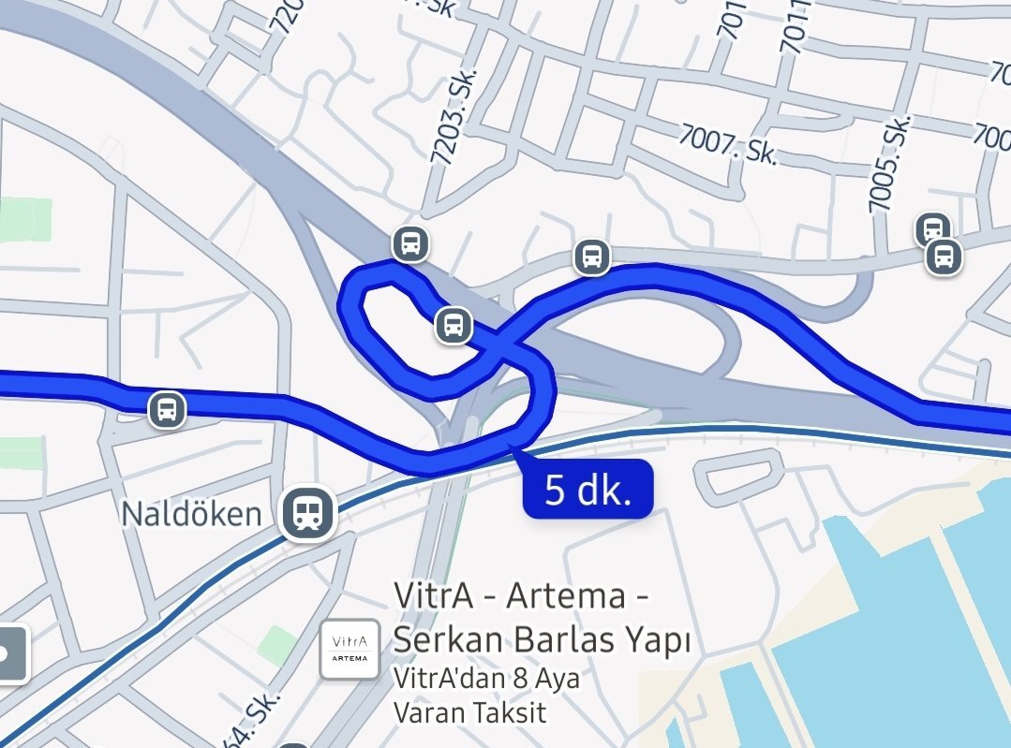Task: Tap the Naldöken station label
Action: coord(191,513)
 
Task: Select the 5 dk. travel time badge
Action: coord(587,489)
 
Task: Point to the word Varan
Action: coord(426,711)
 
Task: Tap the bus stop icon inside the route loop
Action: coord(453,326)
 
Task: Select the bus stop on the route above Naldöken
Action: coord(168,409)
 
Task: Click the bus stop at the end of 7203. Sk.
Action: coord(410,244)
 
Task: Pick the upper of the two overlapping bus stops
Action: coord(932,227)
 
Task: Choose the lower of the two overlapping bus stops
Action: coord(944,256)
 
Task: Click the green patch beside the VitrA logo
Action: coord(276,645)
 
